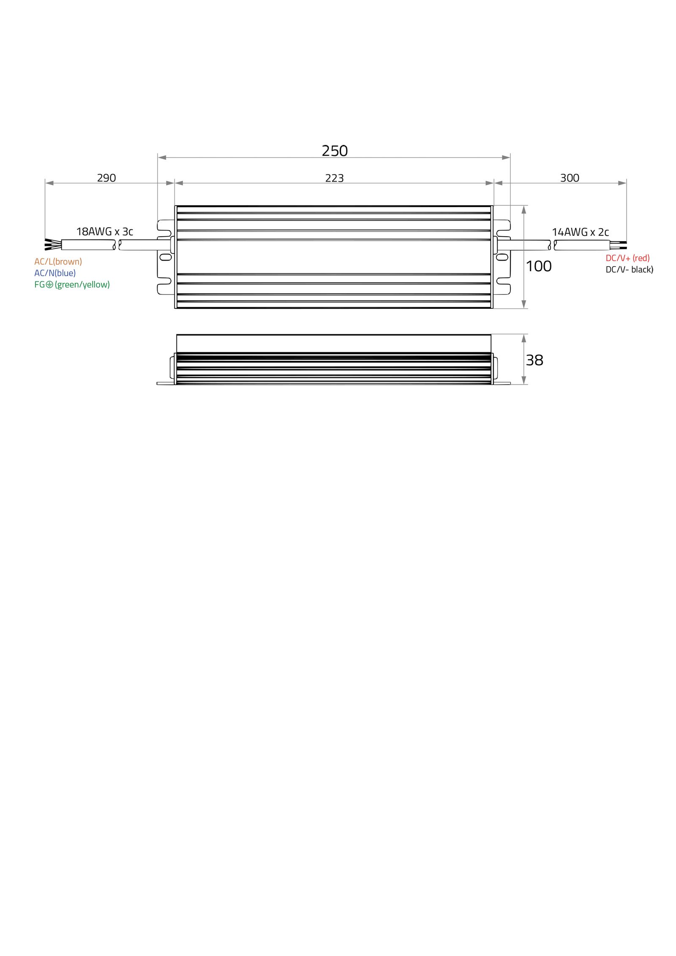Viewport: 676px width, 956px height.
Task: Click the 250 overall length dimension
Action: coord(335,151)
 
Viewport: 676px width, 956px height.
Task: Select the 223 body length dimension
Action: coord(334,178)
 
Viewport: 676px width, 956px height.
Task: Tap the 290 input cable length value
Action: coord(106,178)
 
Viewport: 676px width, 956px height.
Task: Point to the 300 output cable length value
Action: coord(570,178)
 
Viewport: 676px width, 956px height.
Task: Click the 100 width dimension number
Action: coord(539,266)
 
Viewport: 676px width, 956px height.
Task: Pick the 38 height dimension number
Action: coord(534,360)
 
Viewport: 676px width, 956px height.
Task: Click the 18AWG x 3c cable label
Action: coord(104,232)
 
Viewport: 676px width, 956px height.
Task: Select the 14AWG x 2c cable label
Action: coord(580,232)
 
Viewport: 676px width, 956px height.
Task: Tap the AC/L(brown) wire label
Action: coord(58,261)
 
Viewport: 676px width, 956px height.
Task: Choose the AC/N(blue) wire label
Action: coord(55,273)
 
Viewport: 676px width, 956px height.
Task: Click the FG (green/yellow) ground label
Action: coord(72,284)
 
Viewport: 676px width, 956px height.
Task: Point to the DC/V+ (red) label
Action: coord(627,258)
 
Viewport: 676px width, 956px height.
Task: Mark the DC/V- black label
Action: coord(629,269)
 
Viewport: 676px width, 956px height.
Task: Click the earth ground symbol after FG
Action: coord(49,284)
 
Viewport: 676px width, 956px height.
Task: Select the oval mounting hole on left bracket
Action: coord(166,257)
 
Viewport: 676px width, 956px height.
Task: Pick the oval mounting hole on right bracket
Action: coord(502,257)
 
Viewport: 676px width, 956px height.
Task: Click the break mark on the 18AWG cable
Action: coord(117,245)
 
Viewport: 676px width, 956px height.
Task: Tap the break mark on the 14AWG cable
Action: coord(552,245)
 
